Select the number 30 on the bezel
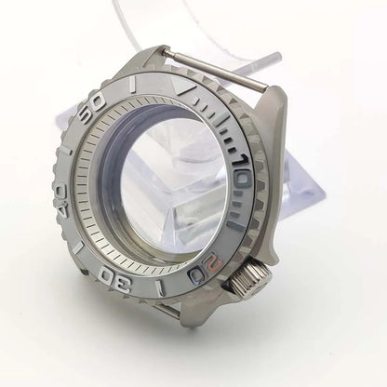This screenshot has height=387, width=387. (114, 280)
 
